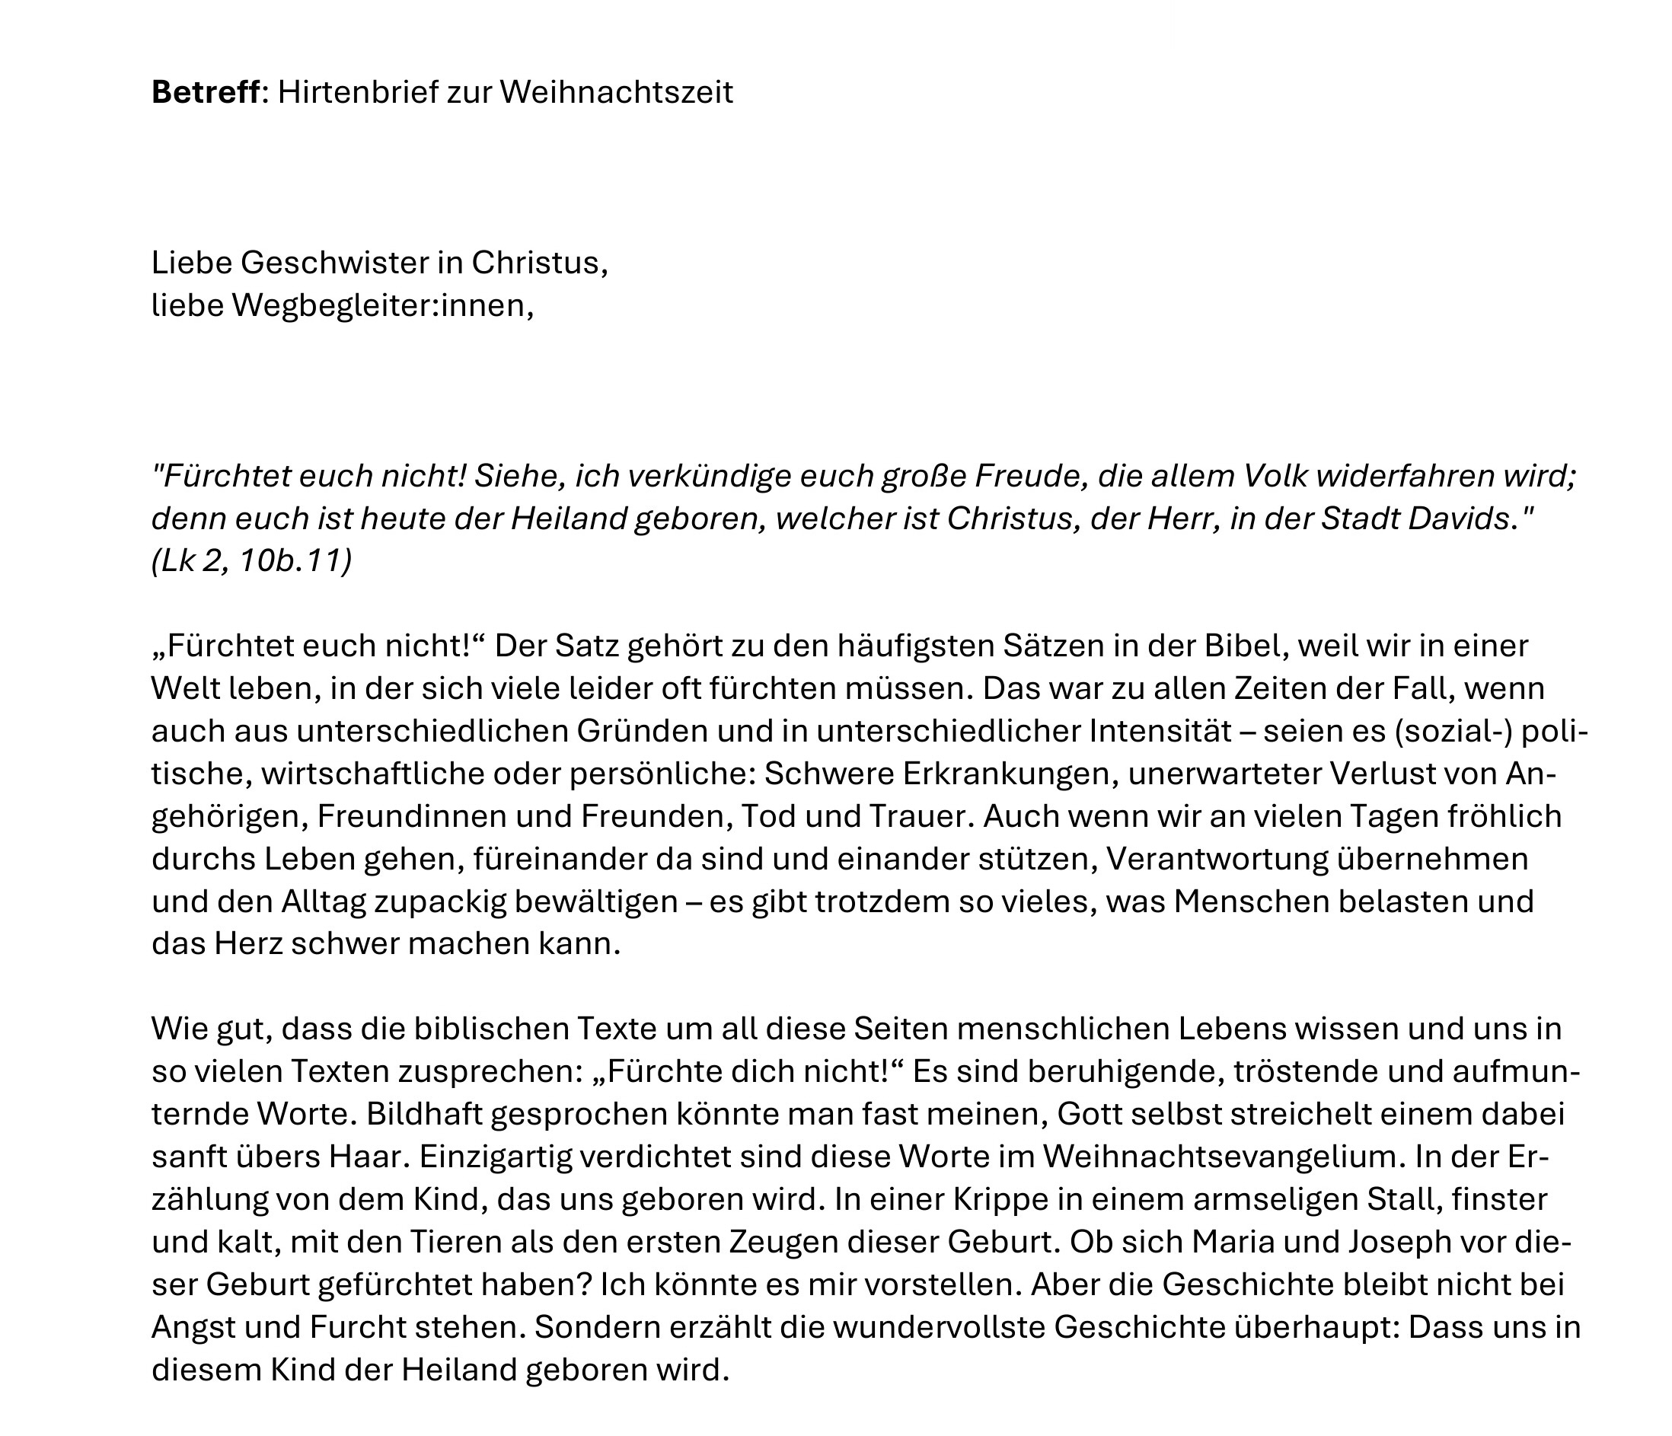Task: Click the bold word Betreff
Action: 206,93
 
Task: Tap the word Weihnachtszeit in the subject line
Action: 617,93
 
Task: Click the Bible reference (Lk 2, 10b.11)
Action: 252,561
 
